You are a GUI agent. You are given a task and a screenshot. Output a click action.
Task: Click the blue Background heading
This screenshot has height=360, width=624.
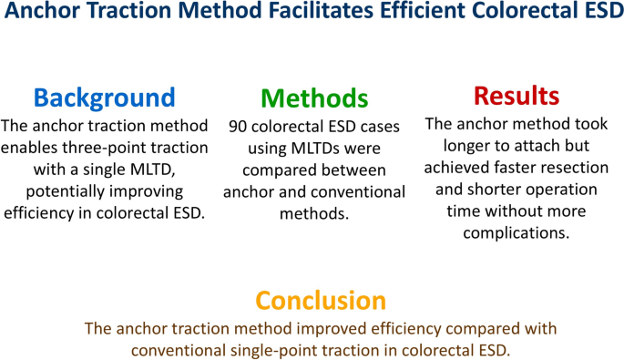104,98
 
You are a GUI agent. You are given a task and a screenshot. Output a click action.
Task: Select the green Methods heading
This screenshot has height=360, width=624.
314,98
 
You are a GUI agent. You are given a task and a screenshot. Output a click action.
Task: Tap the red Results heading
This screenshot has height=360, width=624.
517,95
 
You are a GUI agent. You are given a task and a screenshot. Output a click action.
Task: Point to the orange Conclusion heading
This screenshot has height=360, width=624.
321,300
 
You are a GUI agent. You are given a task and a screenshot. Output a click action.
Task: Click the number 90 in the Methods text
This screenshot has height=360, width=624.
239,127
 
